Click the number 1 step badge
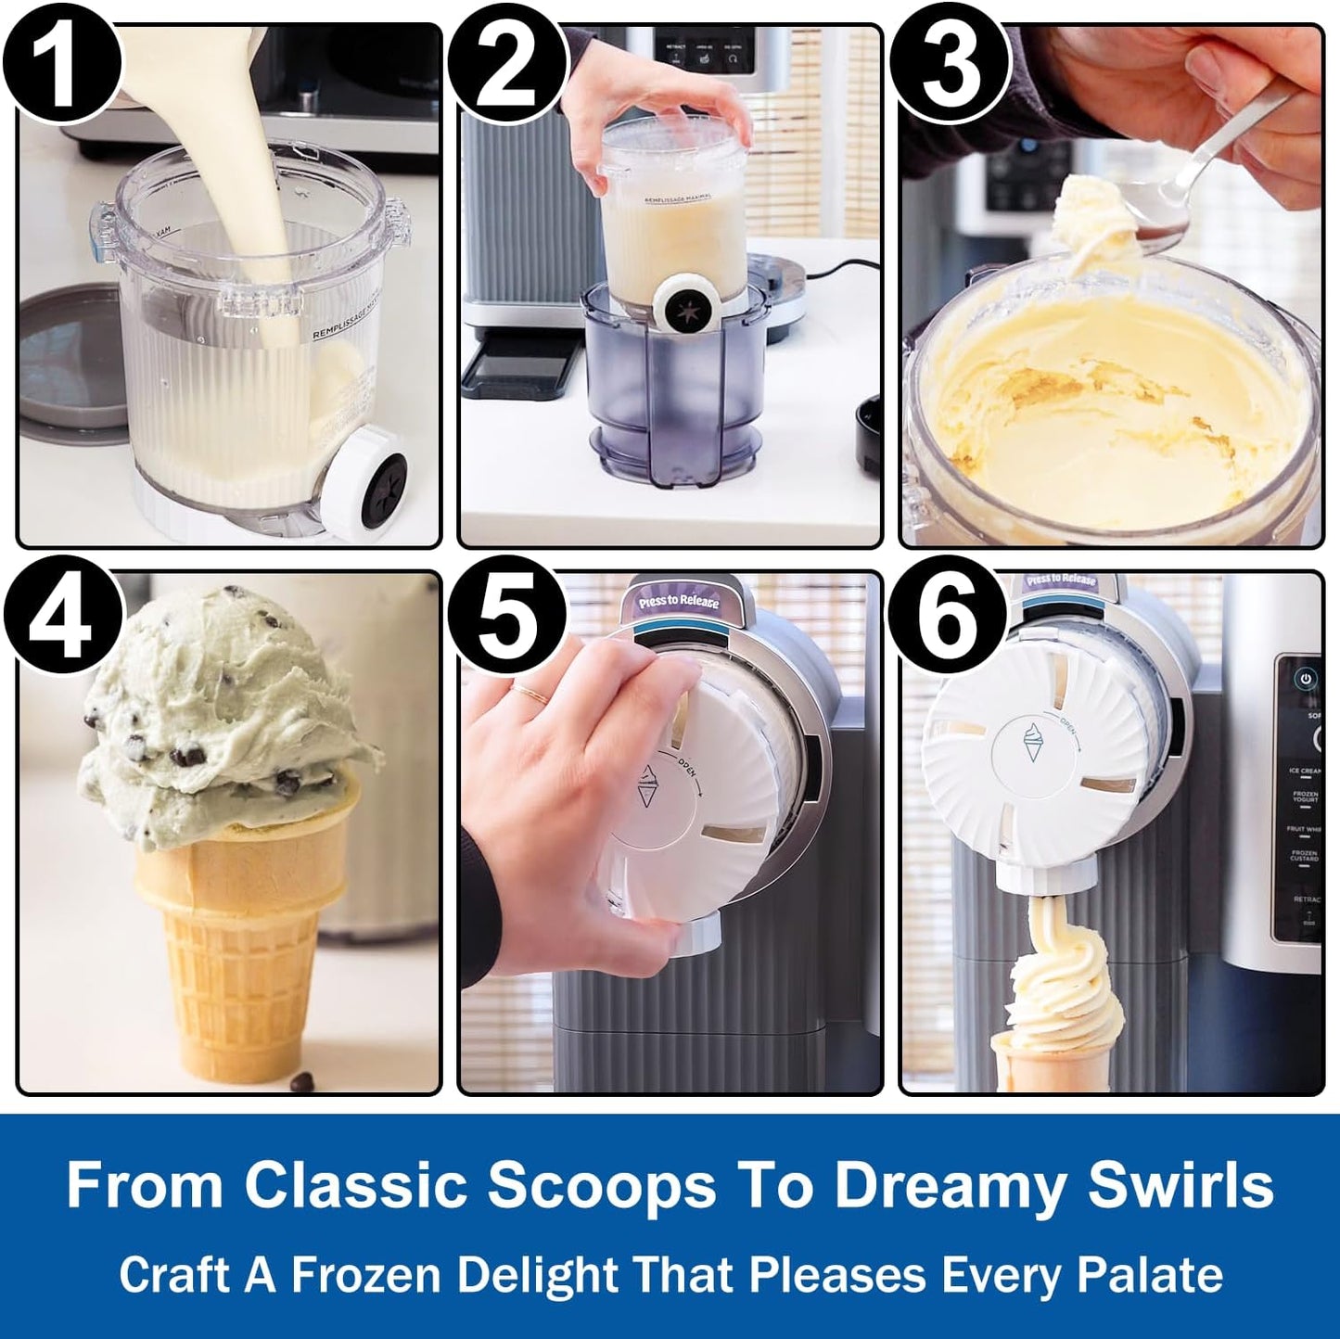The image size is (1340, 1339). tap(62, 65)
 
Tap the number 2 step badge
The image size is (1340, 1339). tap(506, 65)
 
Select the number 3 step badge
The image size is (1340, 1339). tap(950, 65)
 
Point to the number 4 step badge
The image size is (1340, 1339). tap(62, 614)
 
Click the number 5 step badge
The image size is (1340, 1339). tap(506, 614)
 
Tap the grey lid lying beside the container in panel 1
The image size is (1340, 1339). tap(70, 366)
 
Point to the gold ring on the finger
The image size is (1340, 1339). tap(532, 694)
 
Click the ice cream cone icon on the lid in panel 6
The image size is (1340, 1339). tap(1032, 742)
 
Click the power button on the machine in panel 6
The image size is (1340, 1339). tap(1306, 679)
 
